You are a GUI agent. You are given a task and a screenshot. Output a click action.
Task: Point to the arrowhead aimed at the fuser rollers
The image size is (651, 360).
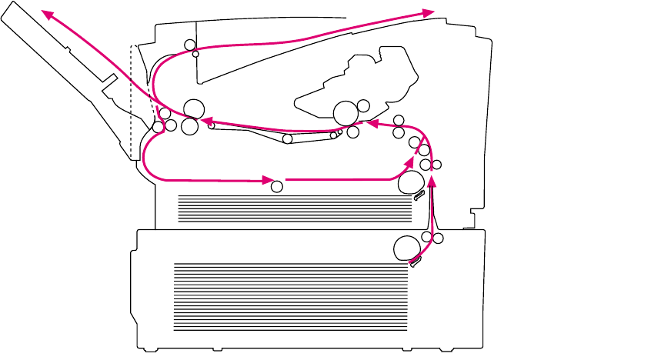[206, 120]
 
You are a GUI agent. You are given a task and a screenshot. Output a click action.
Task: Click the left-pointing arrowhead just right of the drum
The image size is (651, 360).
[372, 122]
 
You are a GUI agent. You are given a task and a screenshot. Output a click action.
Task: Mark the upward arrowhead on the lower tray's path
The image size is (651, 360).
[432, 181]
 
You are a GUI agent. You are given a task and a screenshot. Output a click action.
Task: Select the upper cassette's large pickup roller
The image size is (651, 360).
[412, 182]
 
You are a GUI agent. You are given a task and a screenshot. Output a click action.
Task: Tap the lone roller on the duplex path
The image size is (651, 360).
[278, 185]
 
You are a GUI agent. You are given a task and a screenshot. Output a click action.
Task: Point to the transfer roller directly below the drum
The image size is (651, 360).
[352, 132]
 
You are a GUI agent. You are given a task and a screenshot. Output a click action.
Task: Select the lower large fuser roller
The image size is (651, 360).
[189, 125]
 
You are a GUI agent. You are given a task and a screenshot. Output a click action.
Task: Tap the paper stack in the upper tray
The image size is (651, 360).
[292, 208]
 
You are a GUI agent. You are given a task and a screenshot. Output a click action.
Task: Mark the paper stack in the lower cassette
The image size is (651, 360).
[289, 296]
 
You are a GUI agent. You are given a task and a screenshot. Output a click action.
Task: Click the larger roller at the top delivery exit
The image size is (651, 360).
[189, 45]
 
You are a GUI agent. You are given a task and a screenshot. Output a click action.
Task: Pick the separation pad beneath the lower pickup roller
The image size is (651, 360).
[416, 263]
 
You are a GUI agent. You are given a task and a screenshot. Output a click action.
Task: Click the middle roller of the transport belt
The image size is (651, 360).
[287, 139]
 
